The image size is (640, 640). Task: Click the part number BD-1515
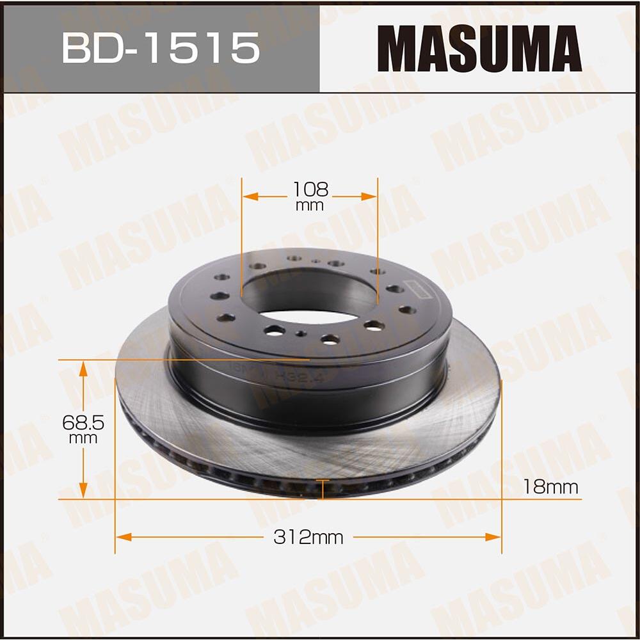161,49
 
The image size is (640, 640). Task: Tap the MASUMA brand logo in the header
479,49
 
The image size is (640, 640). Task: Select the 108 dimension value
310,189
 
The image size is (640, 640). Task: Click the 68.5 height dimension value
83,422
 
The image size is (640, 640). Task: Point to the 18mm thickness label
550,487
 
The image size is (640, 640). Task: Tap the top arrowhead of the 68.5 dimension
83,367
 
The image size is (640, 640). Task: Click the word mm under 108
310,205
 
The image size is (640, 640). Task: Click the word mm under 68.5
83,438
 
